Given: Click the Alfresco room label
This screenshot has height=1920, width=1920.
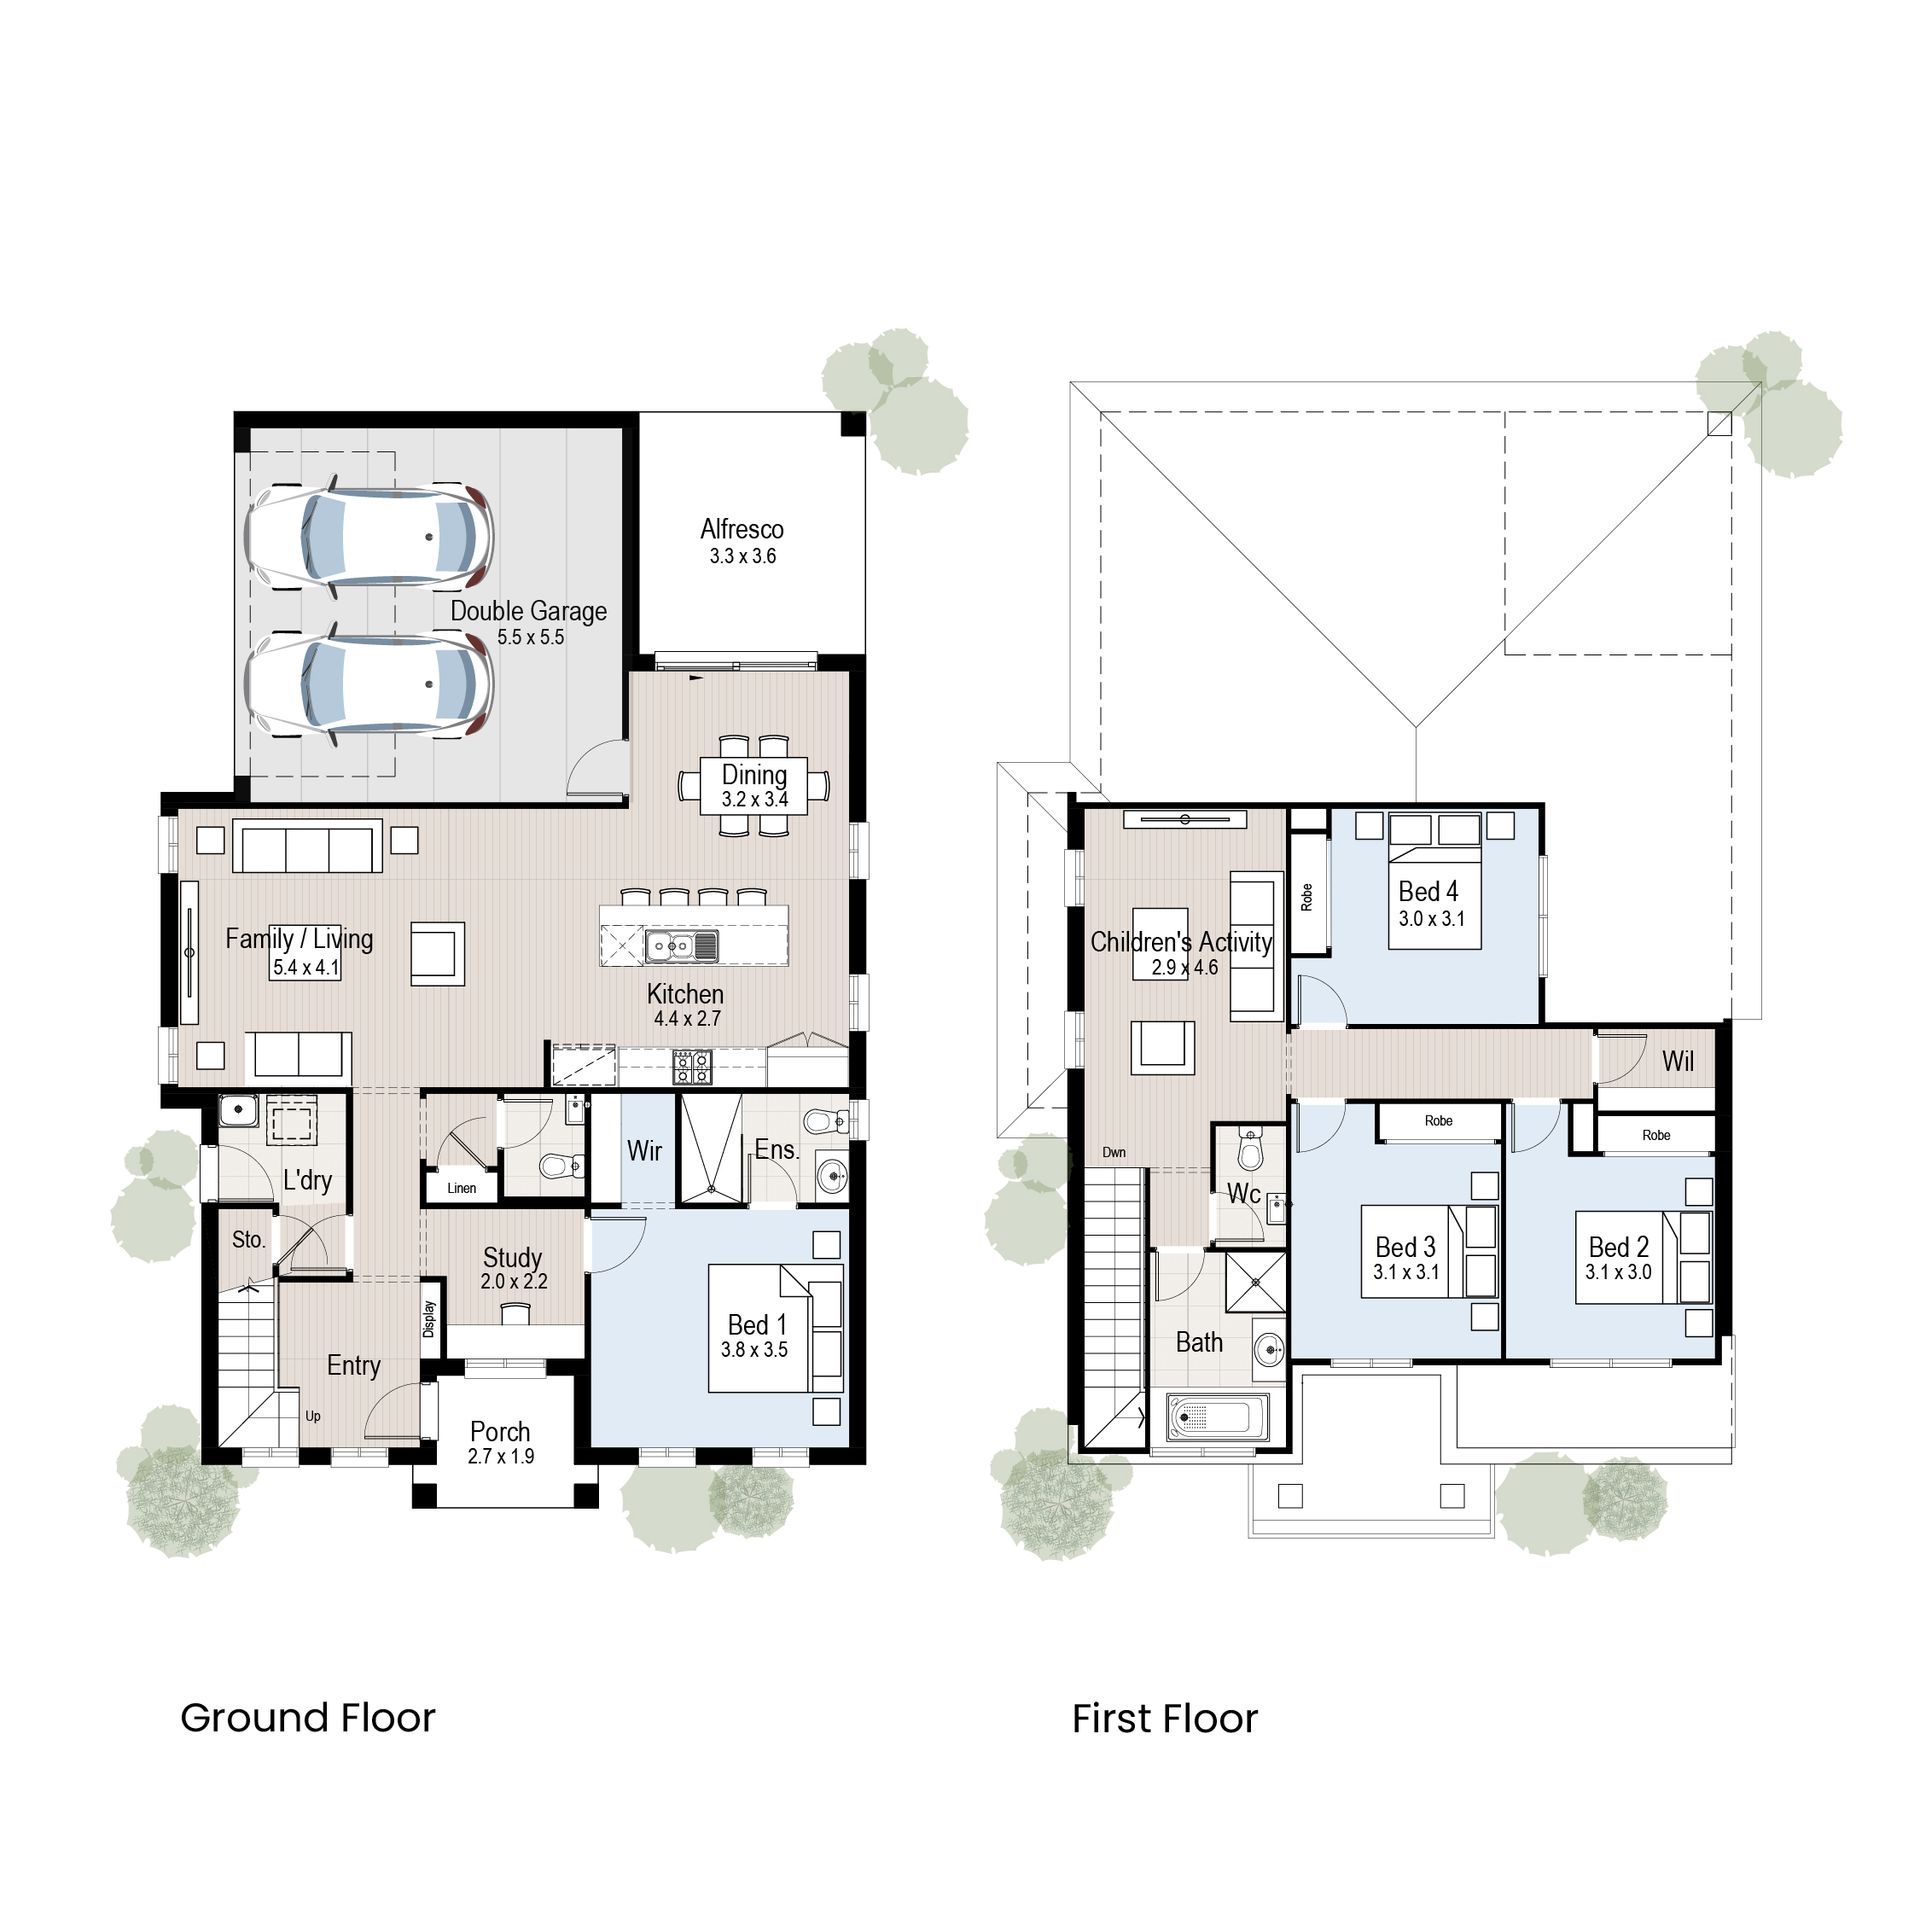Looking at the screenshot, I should click(741, 529).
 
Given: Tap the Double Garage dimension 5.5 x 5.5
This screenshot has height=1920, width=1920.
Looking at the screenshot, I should click(531, 637).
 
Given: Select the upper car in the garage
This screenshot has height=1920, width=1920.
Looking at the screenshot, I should click(370, 537).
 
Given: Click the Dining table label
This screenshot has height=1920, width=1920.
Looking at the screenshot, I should click(754, 775).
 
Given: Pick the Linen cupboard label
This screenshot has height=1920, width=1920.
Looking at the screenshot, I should click(461, 1188).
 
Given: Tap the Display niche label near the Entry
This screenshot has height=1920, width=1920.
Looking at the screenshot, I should click(429, 1319).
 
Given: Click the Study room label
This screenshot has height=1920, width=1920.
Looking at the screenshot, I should click(512, 1257).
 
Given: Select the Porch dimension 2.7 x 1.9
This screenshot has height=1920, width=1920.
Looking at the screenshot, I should click(500, 1456).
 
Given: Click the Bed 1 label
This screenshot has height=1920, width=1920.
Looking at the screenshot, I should click(756, 1324).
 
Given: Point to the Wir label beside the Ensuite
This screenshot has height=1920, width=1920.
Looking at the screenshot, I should click(644, 1151).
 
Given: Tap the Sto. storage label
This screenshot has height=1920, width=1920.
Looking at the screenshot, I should click(248, 1240).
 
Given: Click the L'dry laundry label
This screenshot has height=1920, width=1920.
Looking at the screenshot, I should click(307, 1180).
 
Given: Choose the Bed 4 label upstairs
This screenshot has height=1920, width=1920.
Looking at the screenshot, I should click(1428, 891).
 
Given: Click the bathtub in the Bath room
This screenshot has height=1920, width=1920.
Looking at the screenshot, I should click(1209, 1417).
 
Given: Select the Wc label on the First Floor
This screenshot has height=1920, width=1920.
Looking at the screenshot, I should click(1243, 1194).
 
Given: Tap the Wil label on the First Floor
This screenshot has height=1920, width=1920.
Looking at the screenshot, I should click(1677, 1061).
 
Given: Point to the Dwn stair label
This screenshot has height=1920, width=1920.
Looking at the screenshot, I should click(1114, 1152).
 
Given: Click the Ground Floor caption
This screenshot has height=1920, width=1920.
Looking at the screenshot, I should click(308, 1718).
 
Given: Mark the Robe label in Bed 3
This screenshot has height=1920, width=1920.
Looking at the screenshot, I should click(1438, 1121).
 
